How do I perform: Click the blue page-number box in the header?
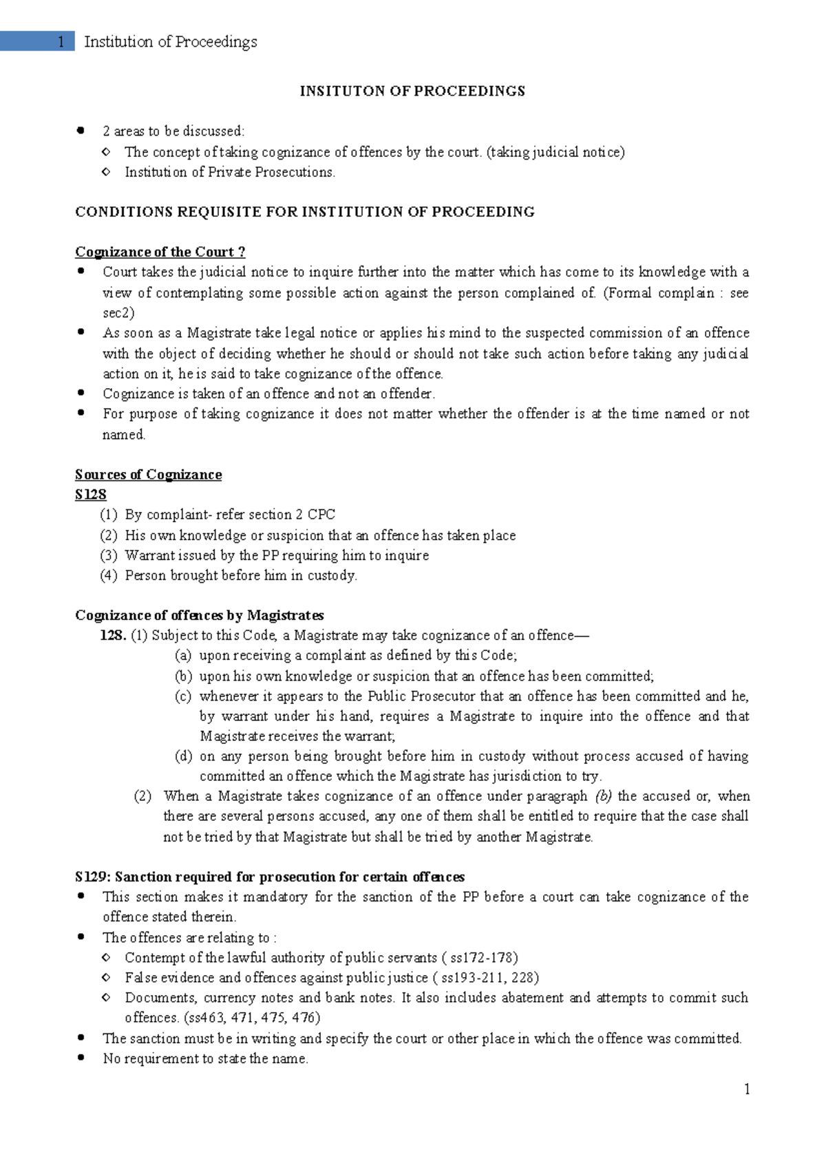[37, 42]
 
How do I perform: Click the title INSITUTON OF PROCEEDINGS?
[412, 91]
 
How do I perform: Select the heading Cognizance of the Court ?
[160, 252]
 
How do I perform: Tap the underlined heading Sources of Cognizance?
[148, 475]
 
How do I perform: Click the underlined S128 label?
[90, 495]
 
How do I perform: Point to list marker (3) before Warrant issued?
[109, 555]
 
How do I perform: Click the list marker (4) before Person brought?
[109, 575]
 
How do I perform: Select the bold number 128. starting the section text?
[113, 635]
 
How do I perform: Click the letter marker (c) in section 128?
[183, 696]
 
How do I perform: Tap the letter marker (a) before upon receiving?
[183, 655]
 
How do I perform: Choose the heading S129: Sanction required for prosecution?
[269, 877]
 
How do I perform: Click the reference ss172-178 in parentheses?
[483, 957]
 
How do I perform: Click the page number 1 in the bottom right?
[747, 1089]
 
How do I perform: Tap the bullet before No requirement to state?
[82, 1058]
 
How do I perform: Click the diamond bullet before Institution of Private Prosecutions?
[105, 172]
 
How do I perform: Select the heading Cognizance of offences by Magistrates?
[199, 615]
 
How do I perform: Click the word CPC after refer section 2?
[321, 515]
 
